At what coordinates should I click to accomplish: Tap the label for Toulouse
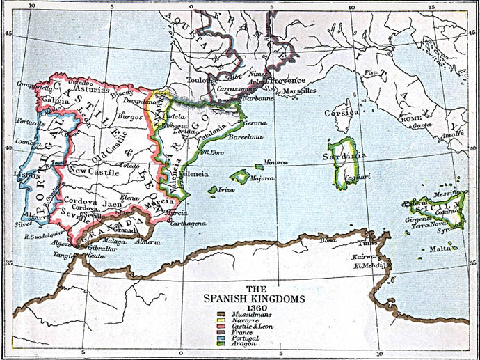click(202, 79)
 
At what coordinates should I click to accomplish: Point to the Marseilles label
click(299, 91)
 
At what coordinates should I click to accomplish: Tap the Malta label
click(440, 249)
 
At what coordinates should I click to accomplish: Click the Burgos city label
click(130, 116)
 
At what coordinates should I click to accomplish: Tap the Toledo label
click(130, 165)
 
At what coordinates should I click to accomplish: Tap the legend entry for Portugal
click(240, 338)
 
